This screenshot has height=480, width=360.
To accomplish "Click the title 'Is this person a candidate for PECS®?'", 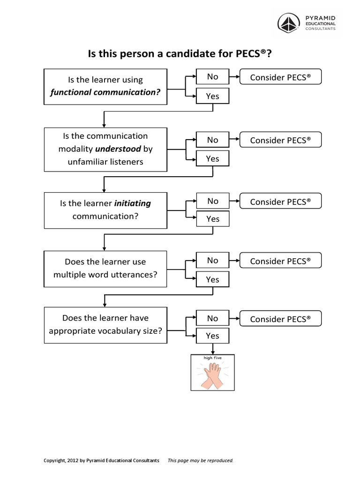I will click(180, 54).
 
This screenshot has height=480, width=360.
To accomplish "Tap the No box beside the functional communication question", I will click(212, 77).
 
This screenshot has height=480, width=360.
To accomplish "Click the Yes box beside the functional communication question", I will click(212, 96).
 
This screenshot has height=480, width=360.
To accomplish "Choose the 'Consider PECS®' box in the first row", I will click(280, 77).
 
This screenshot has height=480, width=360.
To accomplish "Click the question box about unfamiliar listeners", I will click(105, 149).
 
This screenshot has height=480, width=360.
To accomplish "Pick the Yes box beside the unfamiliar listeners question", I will click(212, 159).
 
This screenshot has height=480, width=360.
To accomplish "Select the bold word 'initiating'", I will click(133, 203).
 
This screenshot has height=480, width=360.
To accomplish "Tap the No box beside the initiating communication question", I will click(212, 202).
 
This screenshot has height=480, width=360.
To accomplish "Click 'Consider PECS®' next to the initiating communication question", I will click(280, 202).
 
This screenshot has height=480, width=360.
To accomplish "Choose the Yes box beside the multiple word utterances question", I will click(212, 280).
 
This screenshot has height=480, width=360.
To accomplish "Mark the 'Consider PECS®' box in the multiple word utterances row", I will click(280, 261).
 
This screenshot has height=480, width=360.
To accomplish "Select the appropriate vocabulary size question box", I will click(105, 324).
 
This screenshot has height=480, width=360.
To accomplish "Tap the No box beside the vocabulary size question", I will click(212, 319).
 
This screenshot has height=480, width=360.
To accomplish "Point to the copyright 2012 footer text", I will click(101, 460).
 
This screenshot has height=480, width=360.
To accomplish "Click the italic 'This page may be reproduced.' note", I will click(201, 460).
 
